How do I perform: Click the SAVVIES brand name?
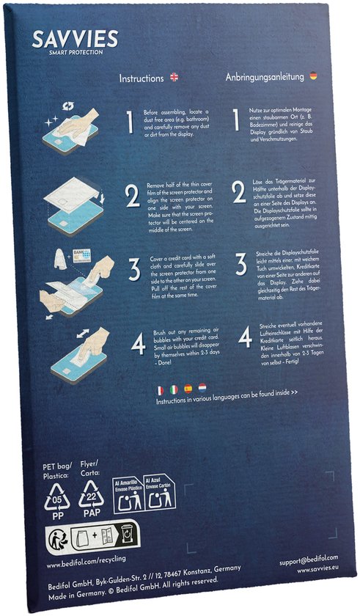pyautogui.click(x=75, y=39)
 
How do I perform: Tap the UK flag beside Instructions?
pyautogui.click(x=174, y=77)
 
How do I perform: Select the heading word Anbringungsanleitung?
pyautogui.click(x=266, y=76)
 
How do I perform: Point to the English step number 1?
pyautogui.click(x=129, y=122)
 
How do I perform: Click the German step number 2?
pyautogui.click(x=239, y=193)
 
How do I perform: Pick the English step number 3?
pyautogui.click(x=134, y=269)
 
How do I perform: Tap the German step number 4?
pyautogui.click(x=245, y=337)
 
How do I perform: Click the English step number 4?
pyautogui.click(x=138, y=343)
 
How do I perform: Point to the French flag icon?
pyautogui.click(x=160, y=389)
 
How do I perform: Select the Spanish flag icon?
pyautogui.click(x=188, y=388)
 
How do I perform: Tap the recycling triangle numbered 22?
pyautogui.click(x=92, y=497)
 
